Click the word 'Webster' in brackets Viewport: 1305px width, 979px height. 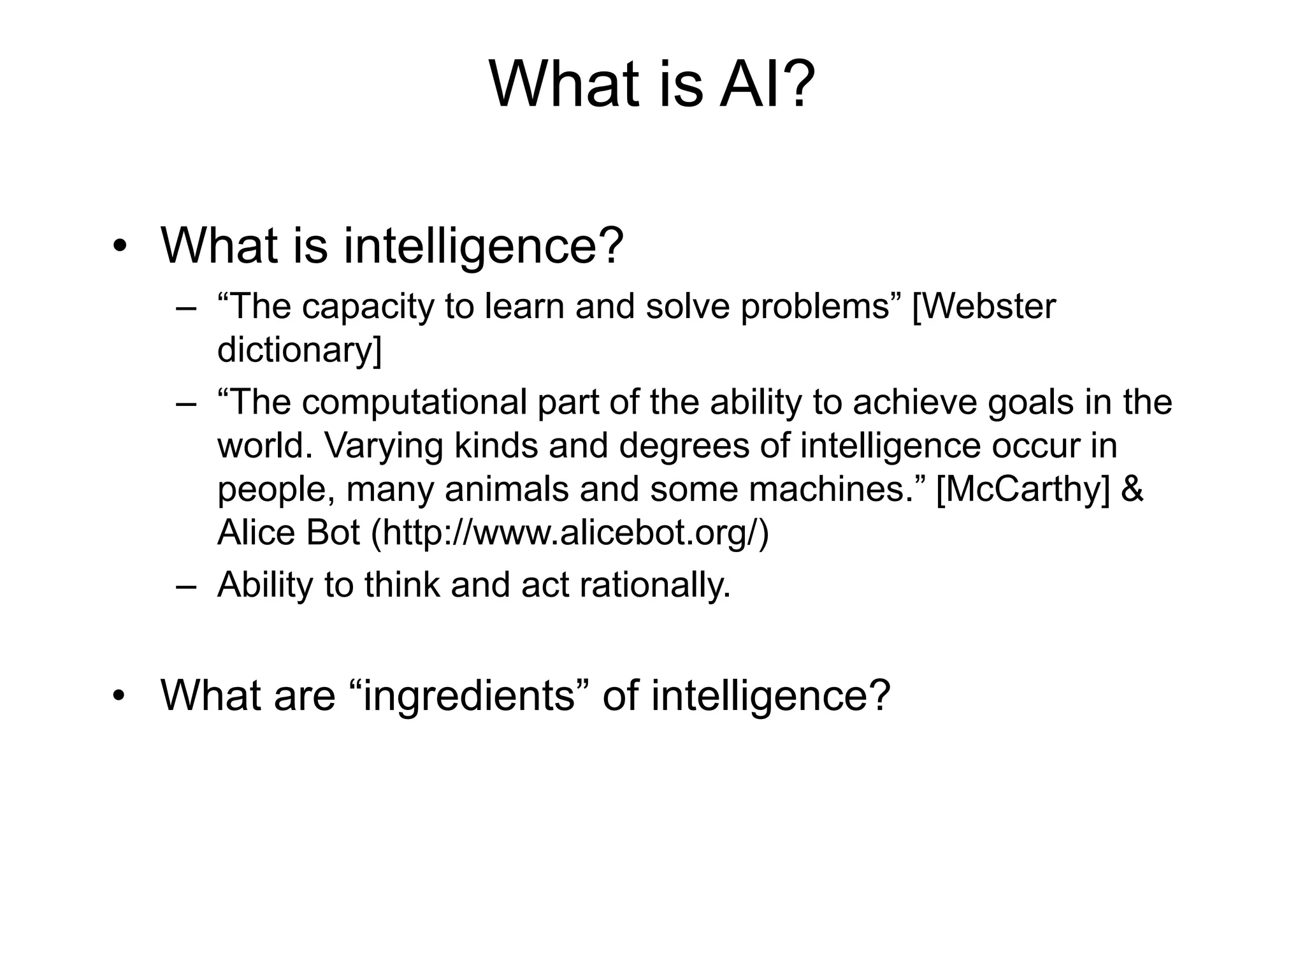pos(984,307)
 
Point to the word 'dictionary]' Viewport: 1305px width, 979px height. pos(299,350)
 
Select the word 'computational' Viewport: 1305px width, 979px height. pos(414,403)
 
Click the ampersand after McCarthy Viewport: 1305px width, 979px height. pos(1130,489)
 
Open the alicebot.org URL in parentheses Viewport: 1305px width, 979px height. pos(570,533)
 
